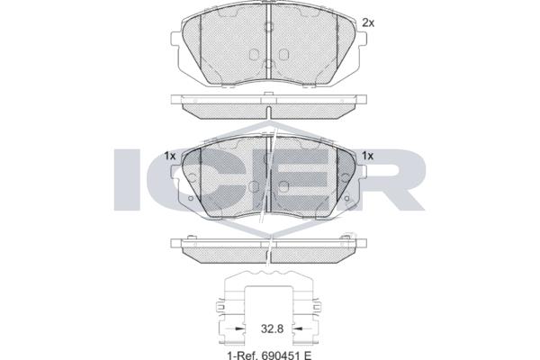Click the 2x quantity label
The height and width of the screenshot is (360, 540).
pos(368,23)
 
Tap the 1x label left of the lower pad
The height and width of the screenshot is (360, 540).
pos(170,156)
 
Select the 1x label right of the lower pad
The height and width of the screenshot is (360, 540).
pos(367,156)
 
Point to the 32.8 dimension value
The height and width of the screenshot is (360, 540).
pos(272,328)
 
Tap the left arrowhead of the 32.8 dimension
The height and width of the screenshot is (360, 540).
pos(239,328)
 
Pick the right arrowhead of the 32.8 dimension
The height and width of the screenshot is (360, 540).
pos(297,328)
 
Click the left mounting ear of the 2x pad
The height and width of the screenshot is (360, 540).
pos(175,39)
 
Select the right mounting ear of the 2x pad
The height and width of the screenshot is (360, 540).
pos(363,39)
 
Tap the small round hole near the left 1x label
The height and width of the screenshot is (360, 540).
pos(191,198)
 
